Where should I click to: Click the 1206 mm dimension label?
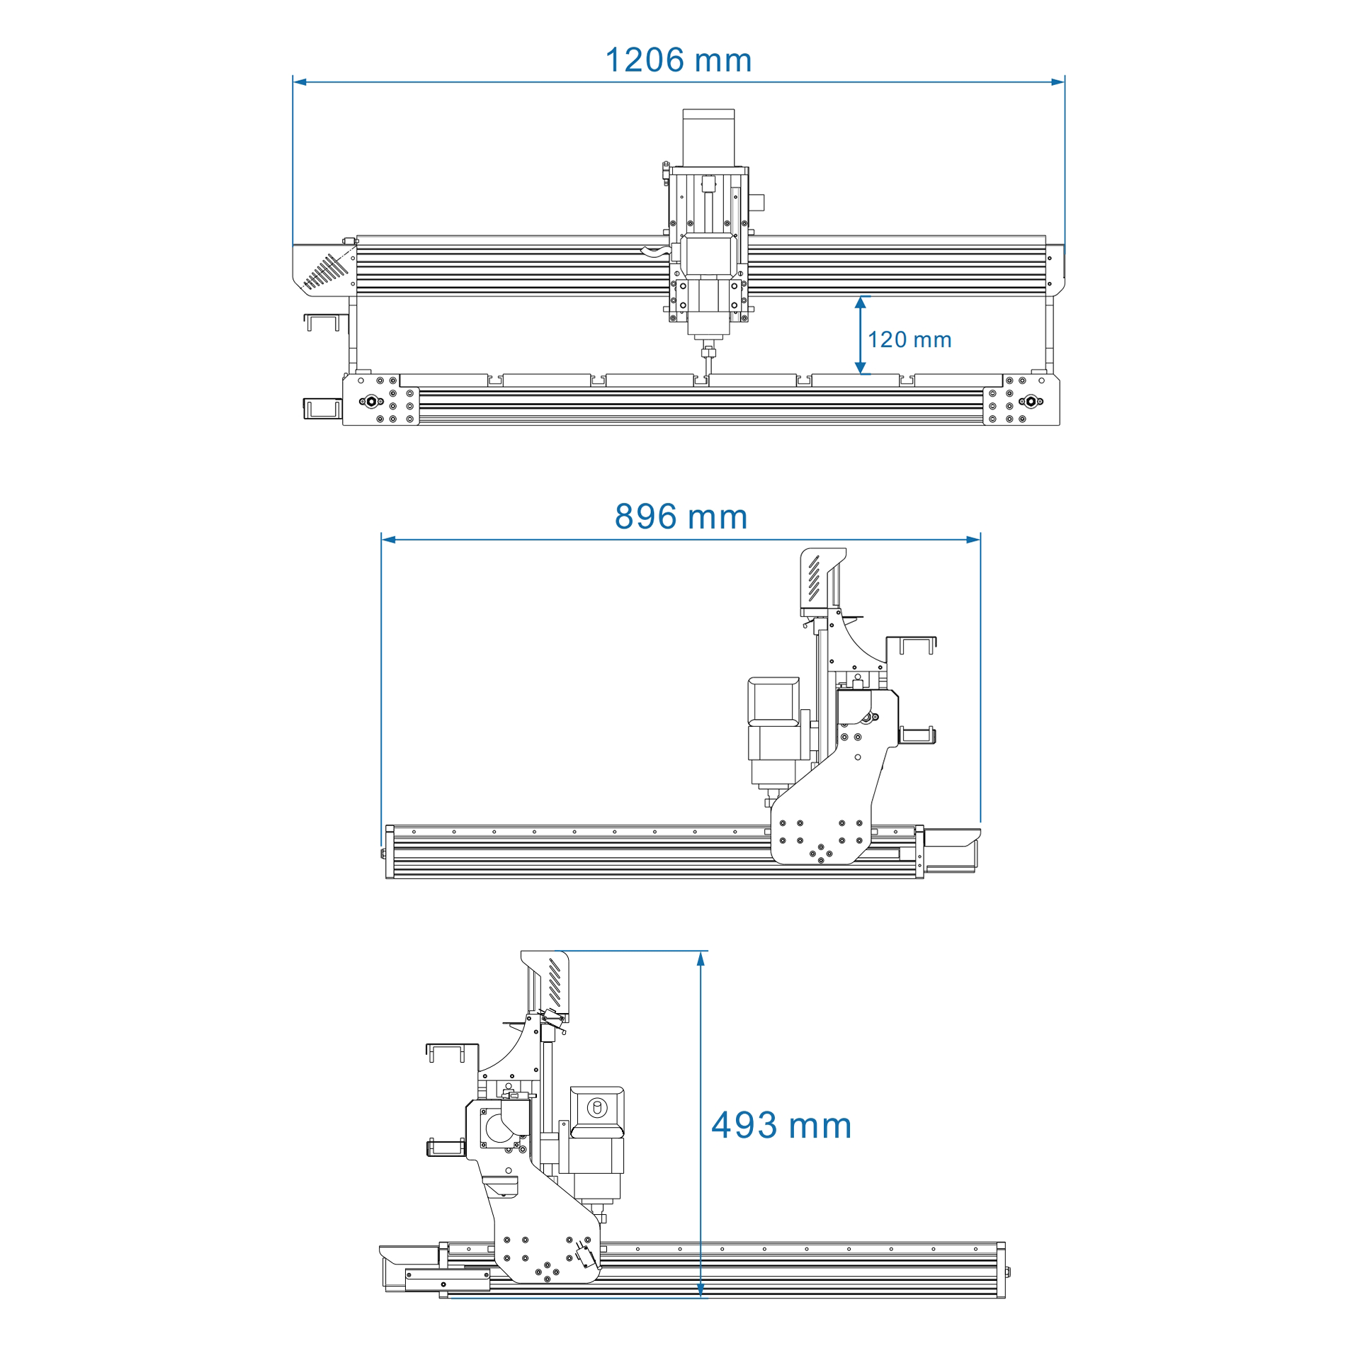tap(678, 60)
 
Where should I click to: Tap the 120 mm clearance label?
tap(909, 339)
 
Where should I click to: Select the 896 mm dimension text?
tap(681, 516)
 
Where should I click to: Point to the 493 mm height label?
tap(781, 1125)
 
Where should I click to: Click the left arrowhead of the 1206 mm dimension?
tap(300, 82)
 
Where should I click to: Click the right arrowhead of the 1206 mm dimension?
tap(1058, 82)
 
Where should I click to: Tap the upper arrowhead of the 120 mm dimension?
tap(861, 302)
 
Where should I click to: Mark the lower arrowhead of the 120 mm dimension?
tap(861, 368)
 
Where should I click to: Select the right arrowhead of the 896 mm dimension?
tap(973, 540)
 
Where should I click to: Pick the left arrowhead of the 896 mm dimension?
tap(388, 540)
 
